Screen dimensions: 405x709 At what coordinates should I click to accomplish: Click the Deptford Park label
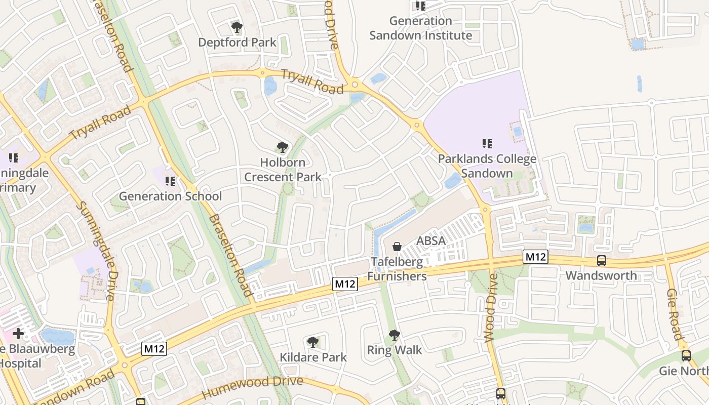click(237, 42)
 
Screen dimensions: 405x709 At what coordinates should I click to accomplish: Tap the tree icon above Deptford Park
click(236, 27)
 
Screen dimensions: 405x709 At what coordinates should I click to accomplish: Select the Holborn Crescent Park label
click(283, 170)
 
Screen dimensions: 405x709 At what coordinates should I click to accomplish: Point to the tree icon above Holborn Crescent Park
click(283, 148)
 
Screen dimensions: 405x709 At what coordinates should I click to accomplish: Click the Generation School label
click(170, 196)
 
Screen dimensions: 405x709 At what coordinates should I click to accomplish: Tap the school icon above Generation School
click(170, 181)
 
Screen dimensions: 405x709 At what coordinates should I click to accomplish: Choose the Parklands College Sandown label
click(487, 166)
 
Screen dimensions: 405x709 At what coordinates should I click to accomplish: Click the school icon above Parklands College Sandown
click(487, 144)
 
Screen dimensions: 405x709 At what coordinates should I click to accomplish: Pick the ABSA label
click(431, 241)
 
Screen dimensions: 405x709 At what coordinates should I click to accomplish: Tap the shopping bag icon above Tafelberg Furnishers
click(397, 247)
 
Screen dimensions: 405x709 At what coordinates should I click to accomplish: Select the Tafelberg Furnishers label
click(397, 269)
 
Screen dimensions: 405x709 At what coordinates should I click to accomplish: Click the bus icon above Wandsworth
click(602, 261)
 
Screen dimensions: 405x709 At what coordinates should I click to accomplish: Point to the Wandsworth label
click(601, 276)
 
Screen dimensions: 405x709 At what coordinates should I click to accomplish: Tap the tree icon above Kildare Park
click(313, 342)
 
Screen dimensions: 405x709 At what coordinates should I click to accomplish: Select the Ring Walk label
click(395, 350)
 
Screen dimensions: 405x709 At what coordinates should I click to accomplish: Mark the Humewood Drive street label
click(253, 387)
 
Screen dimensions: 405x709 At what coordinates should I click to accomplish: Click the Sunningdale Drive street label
click(96, 252)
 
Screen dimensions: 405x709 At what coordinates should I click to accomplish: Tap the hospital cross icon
click(18, 334)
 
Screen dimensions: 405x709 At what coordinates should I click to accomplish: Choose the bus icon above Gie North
click(686, 356)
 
